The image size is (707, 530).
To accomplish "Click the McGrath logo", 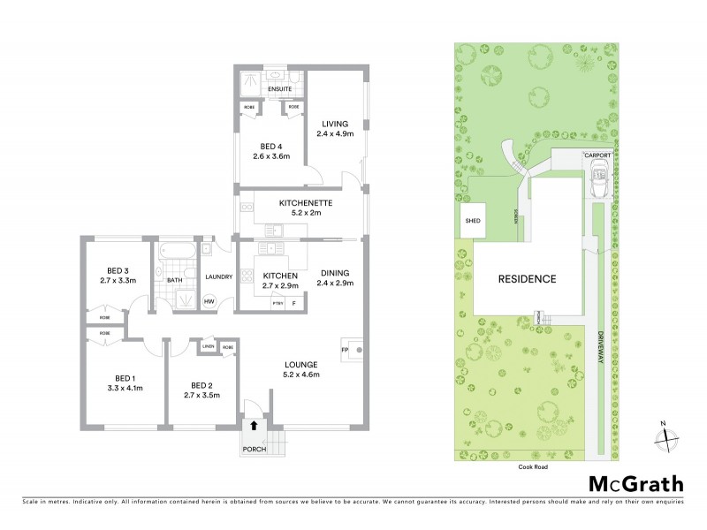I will coord(636,483).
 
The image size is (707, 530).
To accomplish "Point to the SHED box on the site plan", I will coord(473,221).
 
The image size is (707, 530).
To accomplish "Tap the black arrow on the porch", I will coord(255,425).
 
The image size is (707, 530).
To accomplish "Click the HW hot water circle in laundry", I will coord(209,302).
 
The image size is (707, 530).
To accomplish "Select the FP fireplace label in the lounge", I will coord(345,350).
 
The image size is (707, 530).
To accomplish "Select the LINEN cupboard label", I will coord(209,346).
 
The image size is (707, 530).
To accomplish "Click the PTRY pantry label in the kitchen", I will coord(277,303).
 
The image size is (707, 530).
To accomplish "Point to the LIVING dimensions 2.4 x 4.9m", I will coord(336,134).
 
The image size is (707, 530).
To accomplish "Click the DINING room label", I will coord(336,272).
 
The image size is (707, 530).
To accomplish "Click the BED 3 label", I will coord(119,270).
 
